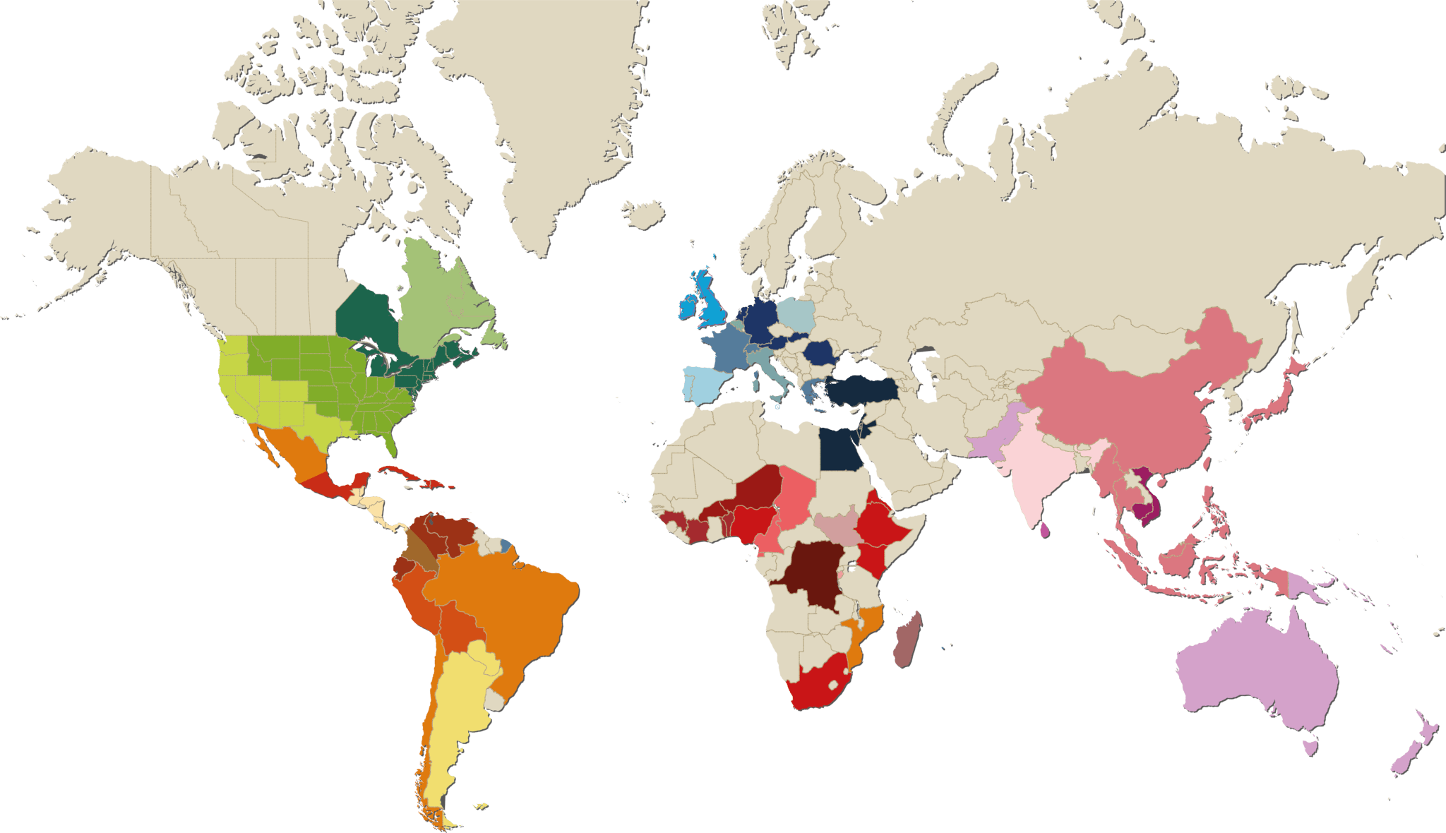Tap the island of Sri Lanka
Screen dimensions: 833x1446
point(1044,529)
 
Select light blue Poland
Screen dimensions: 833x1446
point(796,314)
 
